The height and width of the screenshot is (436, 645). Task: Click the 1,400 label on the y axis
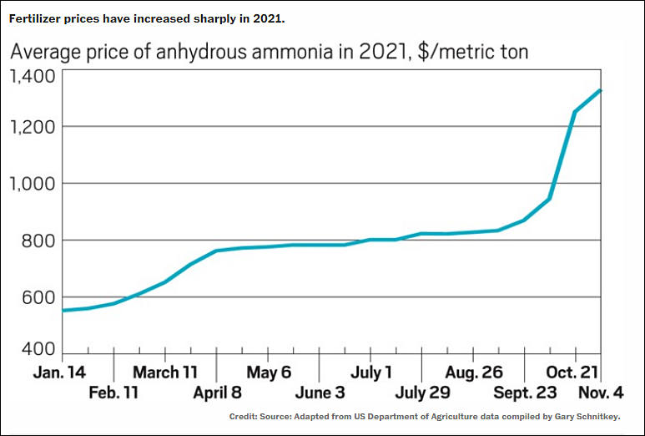pyautogui.click(x=32, y=77)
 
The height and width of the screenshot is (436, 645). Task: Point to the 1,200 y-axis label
pyautogui.click(x=32, y=127)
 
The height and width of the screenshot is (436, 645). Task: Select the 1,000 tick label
pyautogui.click(x=32, y=184)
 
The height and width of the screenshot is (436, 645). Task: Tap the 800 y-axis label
pyautogui.click(x=38, y=241)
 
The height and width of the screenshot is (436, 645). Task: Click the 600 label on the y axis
pyautogui.click(x=38, y=297)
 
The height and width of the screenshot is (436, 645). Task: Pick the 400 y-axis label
pyautogui.click(x=38, y=349)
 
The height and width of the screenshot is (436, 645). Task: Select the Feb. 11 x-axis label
pyautogui.click(x=115, y=393)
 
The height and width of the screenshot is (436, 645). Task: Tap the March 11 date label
pyautogui.click(x=164, y=372)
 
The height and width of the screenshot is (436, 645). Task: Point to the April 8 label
pyautogui.click(x=219, y=393)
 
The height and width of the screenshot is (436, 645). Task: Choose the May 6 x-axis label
pyautogui.click(x=269, y=372)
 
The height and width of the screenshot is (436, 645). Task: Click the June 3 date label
pyautogui.click(x=320, y=393)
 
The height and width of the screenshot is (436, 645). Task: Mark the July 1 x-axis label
pyautogui.click(x=370, y=372)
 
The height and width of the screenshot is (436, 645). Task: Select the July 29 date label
pyautogui.click(x=422, y=393)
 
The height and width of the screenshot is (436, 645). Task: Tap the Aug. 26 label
pyautogui.click(x=474, y=372)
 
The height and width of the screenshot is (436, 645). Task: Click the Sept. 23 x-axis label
pyautogui.click(x=526, y=393)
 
